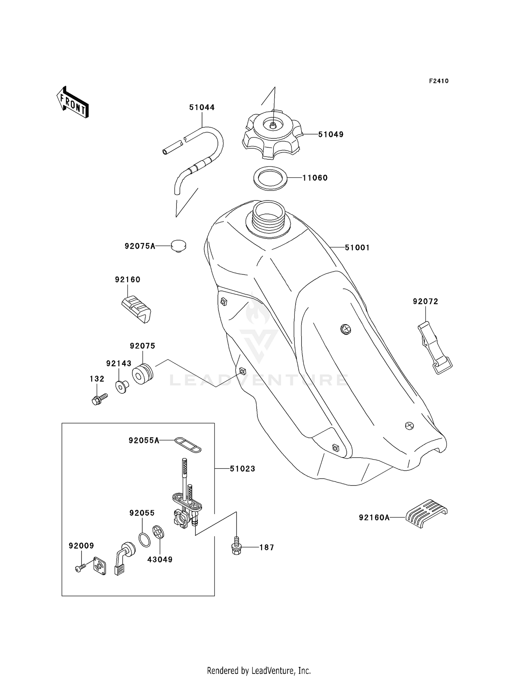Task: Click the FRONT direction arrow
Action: pyautogui.click(x=73, y=103)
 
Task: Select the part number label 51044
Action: pyautogui.click(x=202, y=107)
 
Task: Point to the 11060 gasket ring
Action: pyautogui.click(x=270, y=178)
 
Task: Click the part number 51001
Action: pyautogui.click(x=357, y=247)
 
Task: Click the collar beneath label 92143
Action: pyautogui.click(x=122, y=387)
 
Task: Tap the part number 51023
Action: pyautogui.click(x=242, y=469)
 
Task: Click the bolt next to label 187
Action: pyautogui.click(x=237, y=546)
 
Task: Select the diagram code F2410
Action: pyautogui.click(x=439, y=81)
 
